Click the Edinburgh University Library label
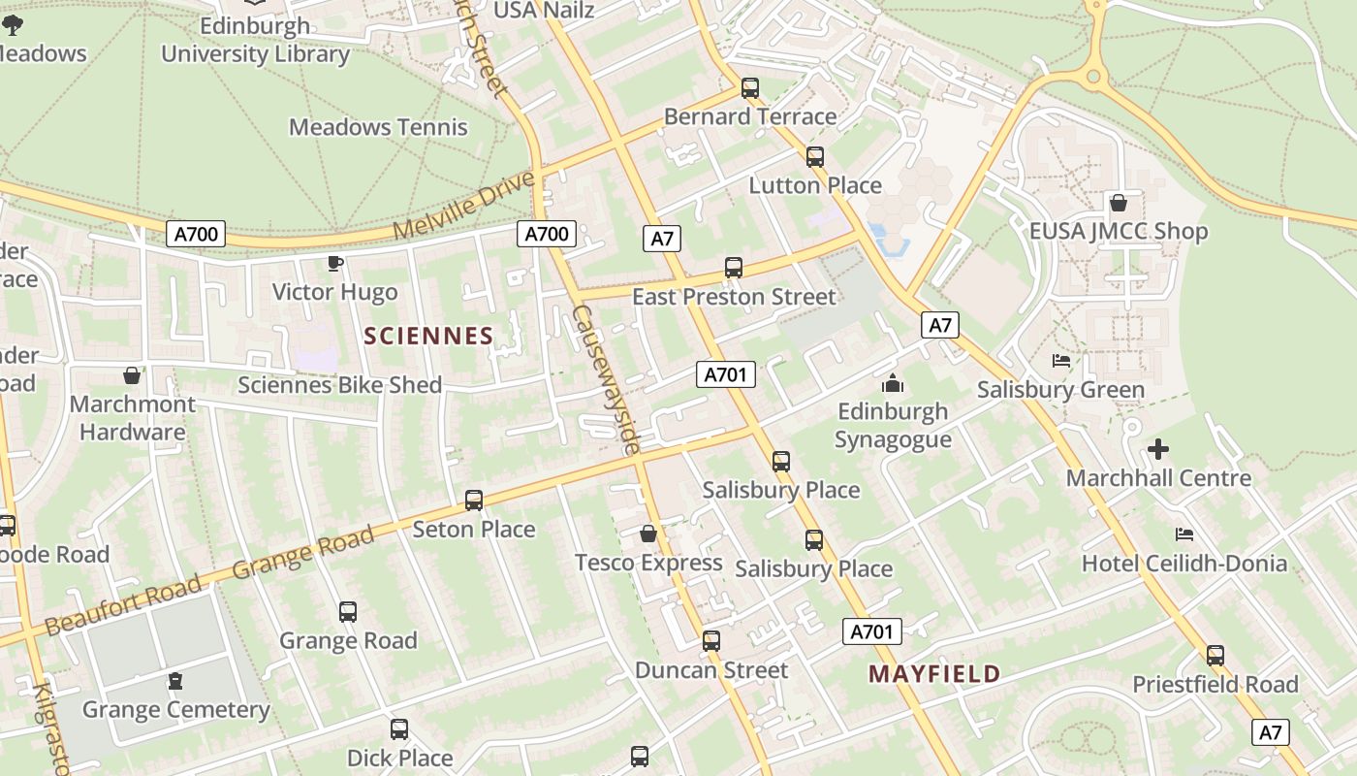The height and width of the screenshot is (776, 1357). coord(255,40)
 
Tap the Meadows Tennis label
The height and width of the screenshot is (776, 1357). coord(378,127)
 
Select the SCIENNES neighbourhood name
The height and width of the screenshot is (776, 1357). coord(428,337)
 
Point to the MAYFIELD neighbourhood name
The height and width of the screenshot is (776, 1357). coord(934,674)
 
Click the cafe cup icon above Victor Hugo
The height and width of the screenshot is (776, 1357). coord(335,263)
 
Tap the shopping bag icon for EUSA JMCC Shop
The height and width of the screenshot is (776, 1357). coord(1118,203)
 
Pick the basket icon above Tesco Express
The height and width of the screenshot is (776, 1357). coord(648,533)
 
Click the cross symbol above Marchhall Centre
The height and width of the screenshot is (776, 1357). coord(1158,449)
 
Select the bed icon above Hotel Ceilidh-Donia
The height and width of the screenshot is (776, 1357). coord(1183,534)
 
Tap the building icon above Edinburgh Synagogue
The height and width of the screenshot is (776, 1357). coord(893,383)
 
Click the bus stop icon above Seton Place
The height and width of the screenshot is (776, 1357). coord(474,501)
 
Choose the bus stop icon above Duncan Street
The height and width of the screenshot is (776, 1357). coord(711,641)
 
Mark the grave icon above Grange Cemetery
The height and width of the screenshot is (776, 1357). coord(175,681)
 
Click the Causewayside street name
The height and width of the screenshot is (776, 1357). coord(607,380)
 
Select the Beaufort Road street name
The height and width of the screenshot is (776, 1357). coord(123,604)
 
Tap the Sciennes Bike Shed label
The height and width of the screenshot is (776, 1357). coord(340,385)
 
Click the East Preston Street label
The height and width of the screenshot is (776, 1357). coord(734,297)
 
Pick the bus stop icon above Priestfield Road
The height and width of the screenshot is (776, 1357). coord(1215,656)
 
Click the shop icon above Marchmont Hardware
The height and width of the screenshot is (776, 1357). coord(132,375)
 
